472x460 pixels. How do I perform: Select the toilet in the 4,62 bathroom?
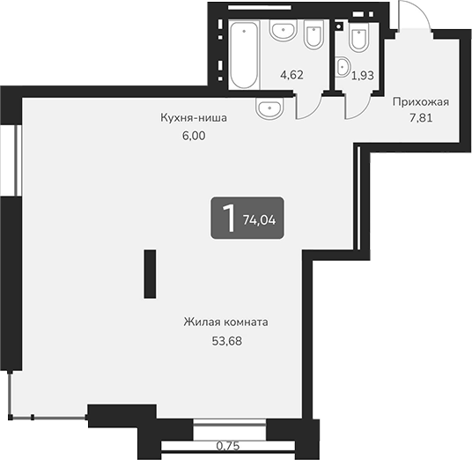coord(313,36)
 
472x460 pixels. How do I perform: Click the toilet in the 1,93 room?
coord(358,39)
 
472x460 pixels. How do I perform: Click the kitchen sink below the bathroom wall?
coord(269,108)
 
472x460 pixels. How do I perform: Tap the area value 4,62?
coord(291,76)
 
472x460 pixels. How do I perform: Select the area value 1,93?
coord(363,76)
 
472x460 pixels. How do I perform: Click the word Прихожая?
coord(421,101)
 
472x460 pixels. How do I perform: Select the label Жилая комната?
coord(226,322)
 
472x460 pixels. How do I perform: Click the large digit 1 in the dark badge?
coord(228,218)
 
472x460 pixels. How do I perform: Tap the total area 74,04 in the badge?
coord(259,219)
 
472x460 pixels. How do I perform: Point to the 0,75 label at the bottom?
coord(228,445)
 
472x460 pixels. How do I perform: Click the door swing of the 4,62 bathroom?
coord(307,106)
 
